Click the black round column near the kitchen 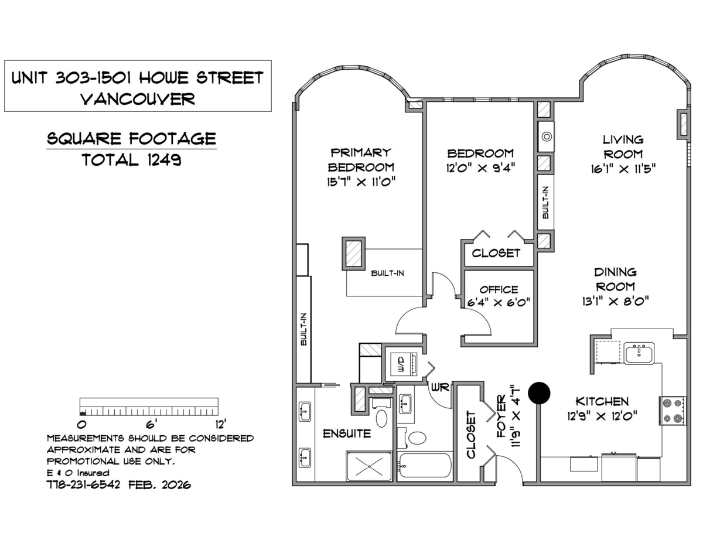[539, 393]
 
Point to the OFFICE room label [499, 289]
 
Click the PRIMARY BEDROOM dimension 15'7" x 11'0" [361, 182]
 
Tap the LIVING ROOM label [623, 146]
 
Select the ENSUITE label [347, 434]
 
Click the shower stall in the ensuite [368, 466]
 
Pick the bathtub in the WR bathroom [424, 465]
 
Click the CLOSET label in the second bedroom [496, 253]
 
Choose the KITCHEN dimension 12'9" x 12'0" [602, 415]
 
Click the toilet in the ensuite [381, 418]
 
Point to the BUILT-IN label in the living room [545, 203]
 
